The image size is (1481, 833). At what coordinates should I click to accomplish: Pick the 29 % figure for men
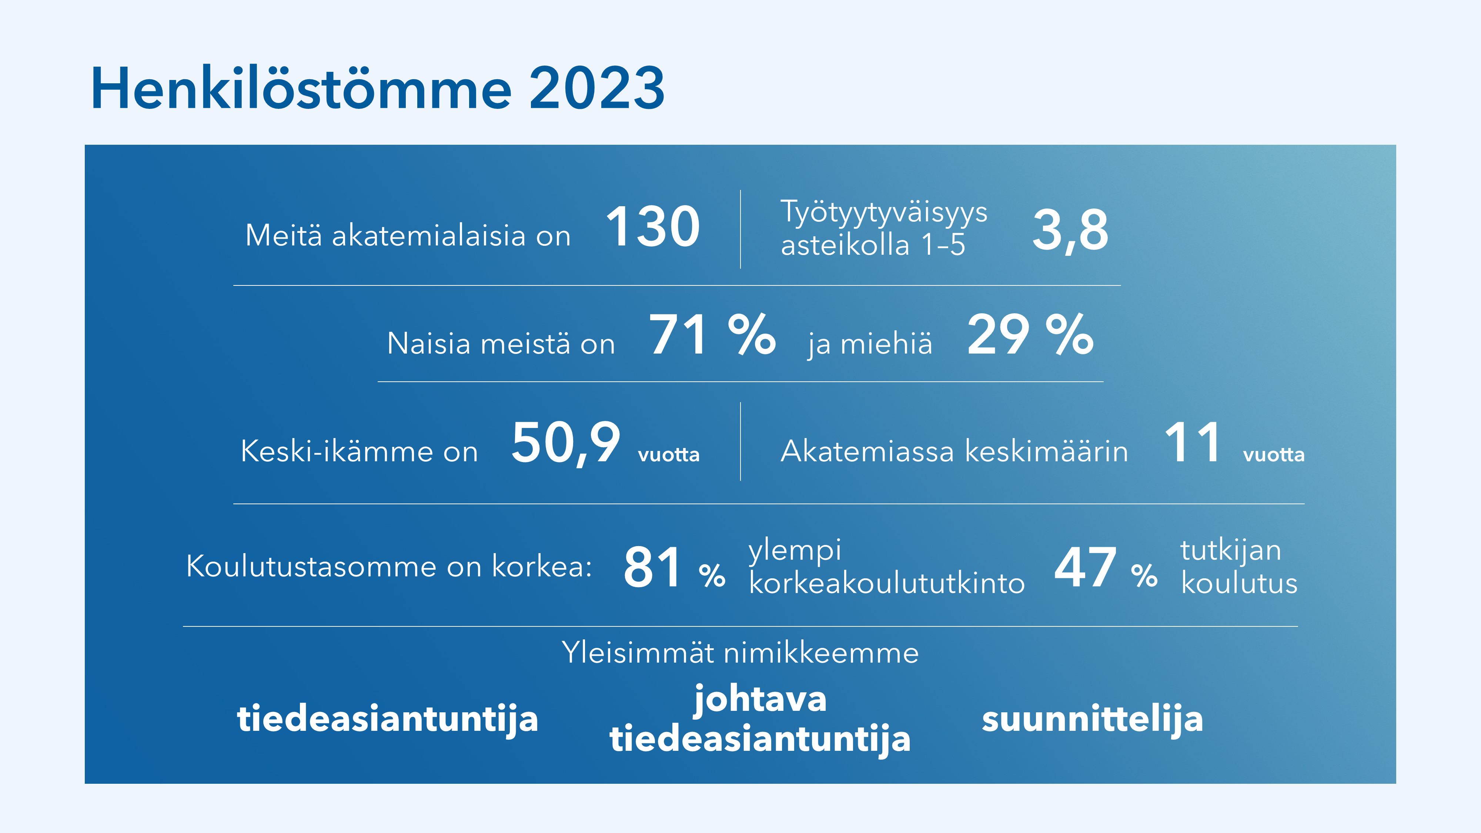[1030, 335]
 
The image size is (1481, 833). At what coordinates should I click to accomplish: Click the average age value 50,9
[566, 443]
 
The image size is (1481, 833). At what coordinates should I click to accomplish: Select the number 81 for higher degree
[652, 568]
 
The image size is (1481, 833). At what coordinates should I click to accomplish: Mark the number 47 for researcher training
[1085, 568]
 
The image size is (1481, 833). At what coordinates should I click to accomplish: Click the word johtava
[760, 700]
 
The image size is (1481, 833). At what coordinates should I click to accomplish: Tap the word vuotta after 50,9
[669, 455]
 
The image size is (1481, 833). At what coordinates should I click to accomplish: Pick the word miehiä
[886, 344]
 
